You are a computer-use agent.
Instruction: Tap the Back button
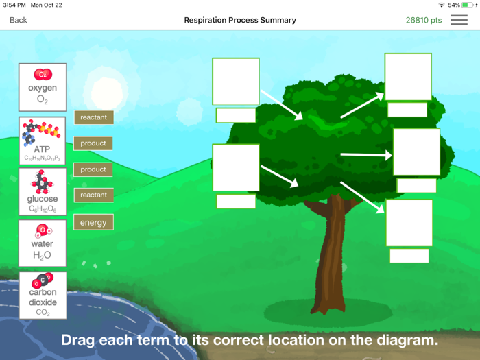point(19,20)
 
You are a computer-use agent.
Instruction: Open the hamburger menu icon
point(459,20)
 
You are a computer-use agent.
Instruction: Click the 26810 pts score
point(424,20)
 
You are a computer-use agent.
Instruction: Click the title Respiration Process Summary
point(240,20)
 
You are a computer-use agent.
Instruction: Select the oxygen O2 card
point(43,87)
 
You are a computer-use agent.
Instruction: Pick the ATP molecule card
point(43,140)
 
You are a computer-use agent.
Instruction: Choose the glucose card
point(43,191)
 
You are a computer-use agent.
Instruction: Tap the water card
point(43,243)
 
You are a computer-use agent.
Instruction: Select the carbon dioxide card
point(43,295)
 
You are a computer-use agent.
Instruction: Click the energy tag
point(93,222)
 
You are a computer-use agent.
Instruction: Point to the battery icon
point(468,5)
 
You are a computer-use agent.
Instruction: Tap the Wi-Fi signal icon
point(442,5)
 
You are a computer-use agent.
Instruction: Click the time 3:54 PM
point(14,5)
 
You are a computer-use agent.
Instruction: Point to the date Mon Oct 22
point(46,5)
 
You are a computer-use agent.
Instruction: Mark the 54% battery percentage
point(454,5)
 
